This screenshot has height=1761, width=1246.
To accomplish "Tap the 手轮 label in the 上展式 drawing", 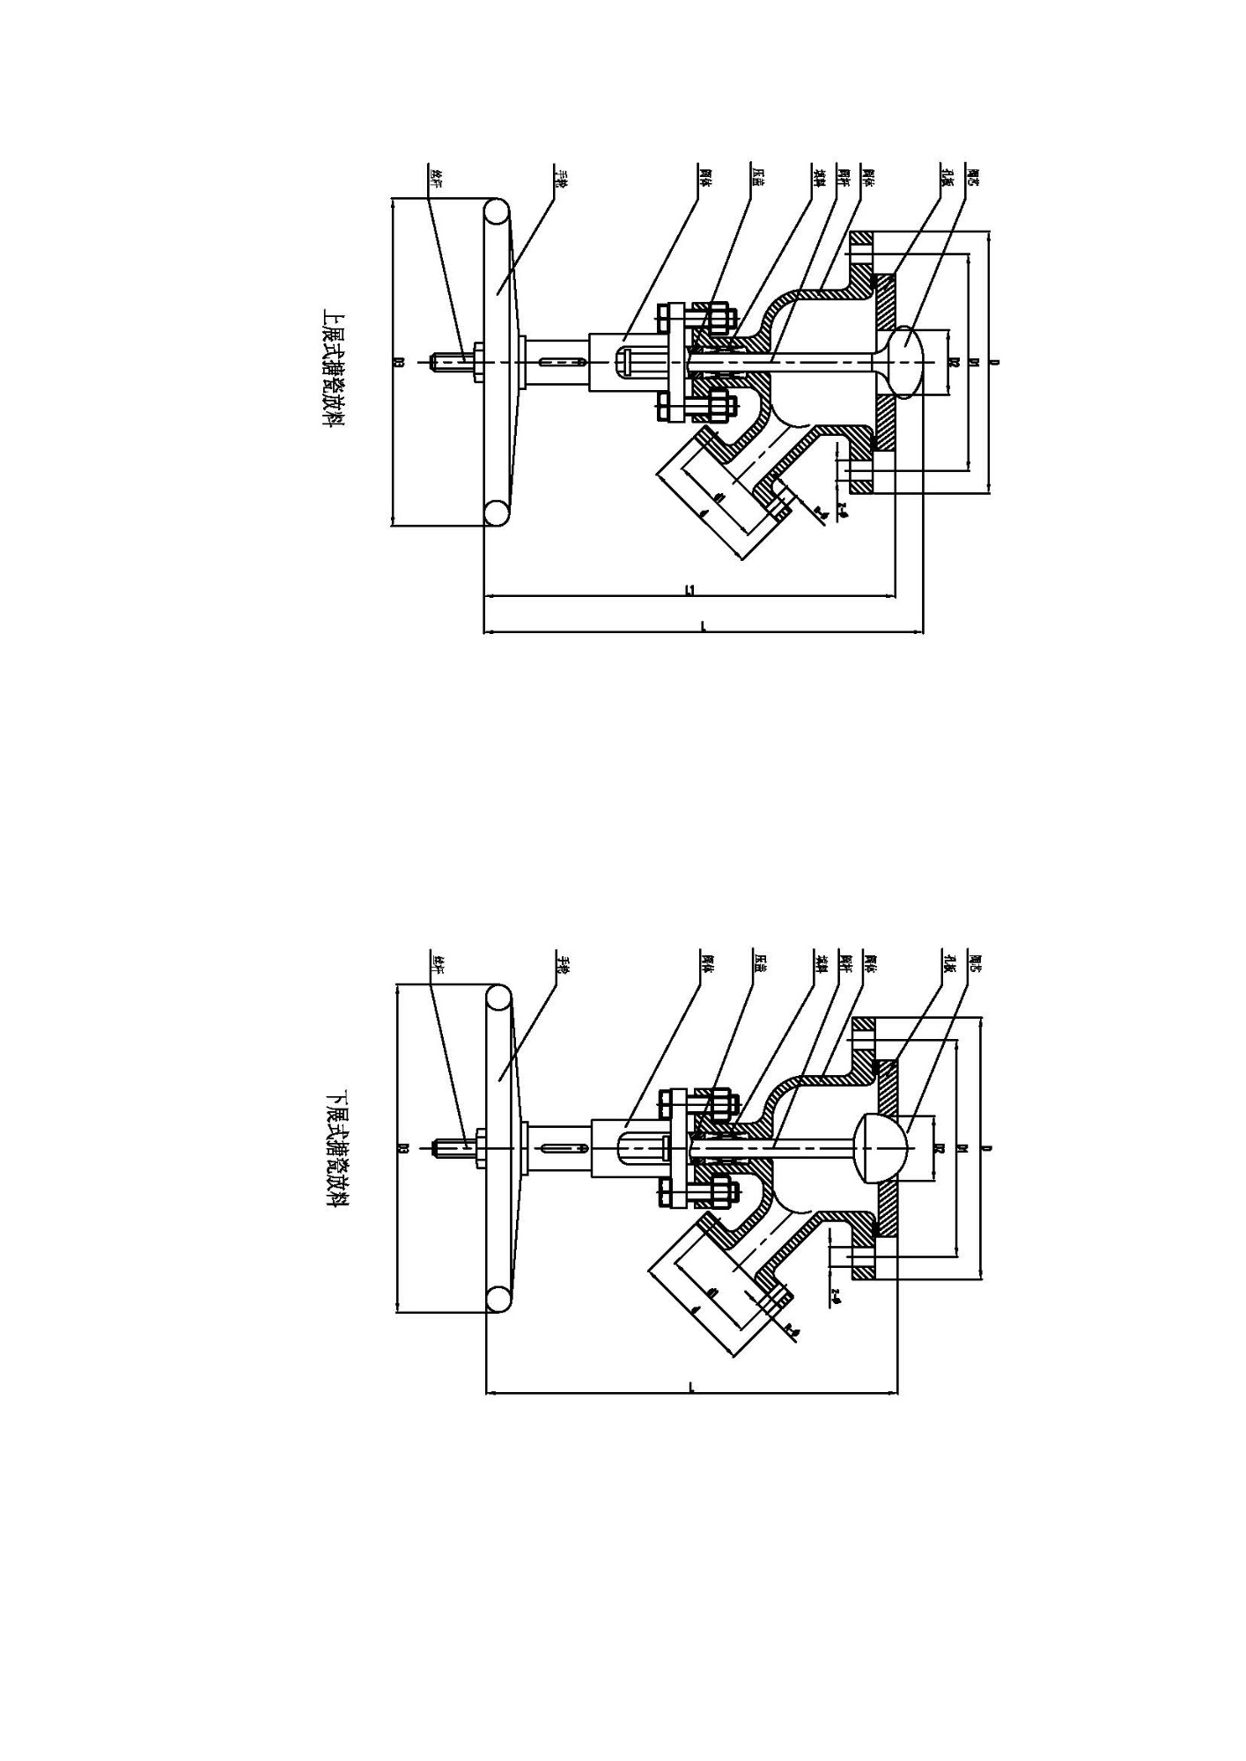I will (x=559, y=176).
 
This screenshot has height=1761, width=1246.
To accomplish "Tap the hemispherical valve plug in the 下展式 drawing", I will (x=872, y=1148).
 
